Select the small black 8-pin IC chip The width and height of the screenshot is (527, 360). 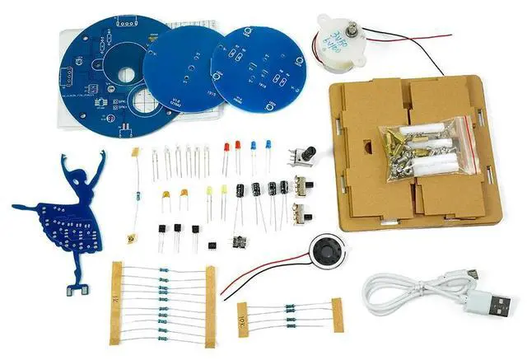point(212,244)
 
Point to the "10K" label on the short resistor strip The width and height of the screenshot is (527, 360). point(243,314)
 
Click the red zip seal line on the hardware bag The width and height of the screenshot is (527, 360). point(471,148)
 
